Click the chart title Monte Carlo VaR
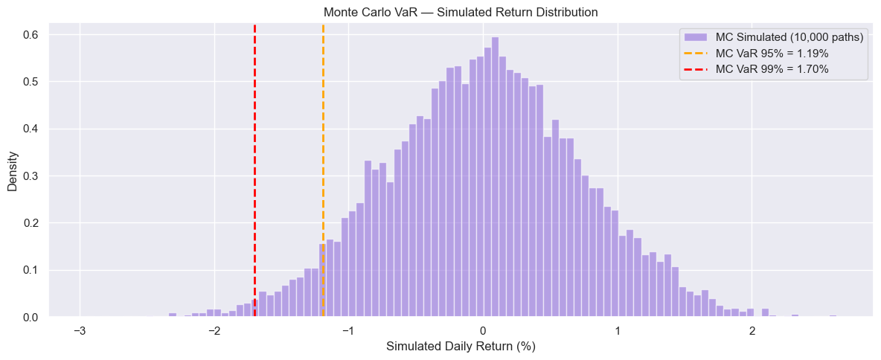[461, 13]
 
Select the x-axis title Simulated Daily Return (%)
[461, 347]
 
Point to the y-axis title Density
[13, 176]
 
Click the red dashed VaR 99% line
[254, 149]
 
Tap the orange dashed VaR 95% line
[323, 149]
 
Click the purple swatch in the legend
[698, 37]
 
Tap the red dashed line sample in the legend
[698, 69]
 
